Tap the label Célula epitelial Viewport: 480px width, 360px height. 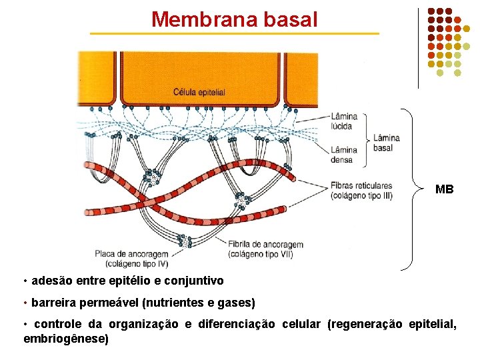(199, 92)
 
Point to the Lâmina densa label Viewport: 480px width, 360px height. (345, 155)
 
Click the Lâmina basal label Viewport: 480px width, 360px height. (387, 143)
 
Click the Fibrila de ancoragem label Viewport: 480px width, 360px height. (265, 245)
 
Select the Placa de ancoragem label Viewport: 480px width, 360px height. (131, 253)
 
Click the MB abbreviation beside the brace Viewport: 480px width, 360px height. (445, 189)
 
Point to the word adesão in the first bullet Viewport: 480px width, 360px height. (49, 281)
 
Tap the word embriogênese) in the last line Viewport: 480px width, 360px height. (66, 339)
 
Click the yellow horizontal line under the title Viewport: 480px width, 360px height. (234, 33)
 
